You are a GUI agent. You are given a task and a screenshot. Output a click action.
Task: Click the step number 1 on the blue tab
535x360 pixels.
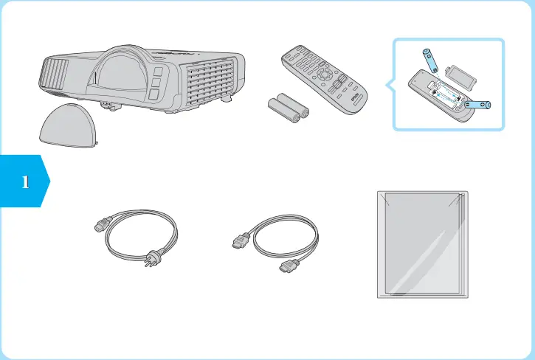click(x=25, y=181)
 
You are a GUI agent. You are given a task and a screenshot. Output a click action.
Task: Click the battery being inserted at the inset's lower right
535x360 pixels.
click(x=478, y=105)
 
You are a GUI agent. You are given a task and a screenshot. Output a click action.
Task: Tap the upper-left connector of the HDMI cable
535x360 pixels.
click(x=238, y=240)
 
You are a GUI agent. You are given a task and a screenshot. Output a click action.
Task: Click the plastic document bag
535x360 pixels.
click(x=421, y=244)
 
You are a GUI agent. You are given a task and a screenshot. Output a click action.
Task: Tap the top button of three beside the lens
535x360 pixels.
click(x=157, y=73)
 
